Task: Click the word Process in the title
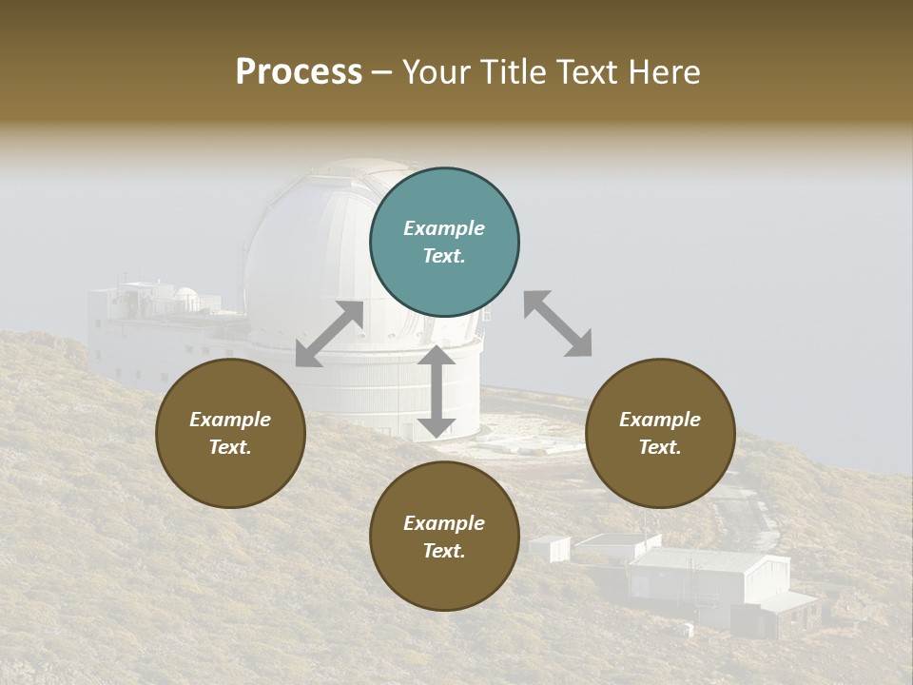pos(299,72)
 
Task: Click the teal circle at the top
pos(444,243)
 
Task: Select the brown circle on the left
pos(230,433)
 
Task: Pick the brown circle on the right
pos(660,433)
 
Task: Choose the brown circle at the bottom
pos(444,537)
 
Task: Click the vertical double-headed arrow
pos(437,391)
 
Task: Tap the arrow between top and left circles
pos(329,334)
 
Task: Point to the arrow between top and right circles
pos(557,323)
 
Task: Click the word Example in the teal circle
pos(444,228)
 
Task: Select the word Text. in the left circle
pos(230,447)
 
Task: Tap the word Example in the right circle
pos(660,420)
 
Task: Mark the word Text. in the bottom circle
pos(444,551)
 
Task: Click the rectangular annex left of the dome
pos(143,333)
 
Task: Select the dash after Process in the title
pos(382,72)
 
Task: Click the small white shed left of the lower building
pos(550,548)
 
